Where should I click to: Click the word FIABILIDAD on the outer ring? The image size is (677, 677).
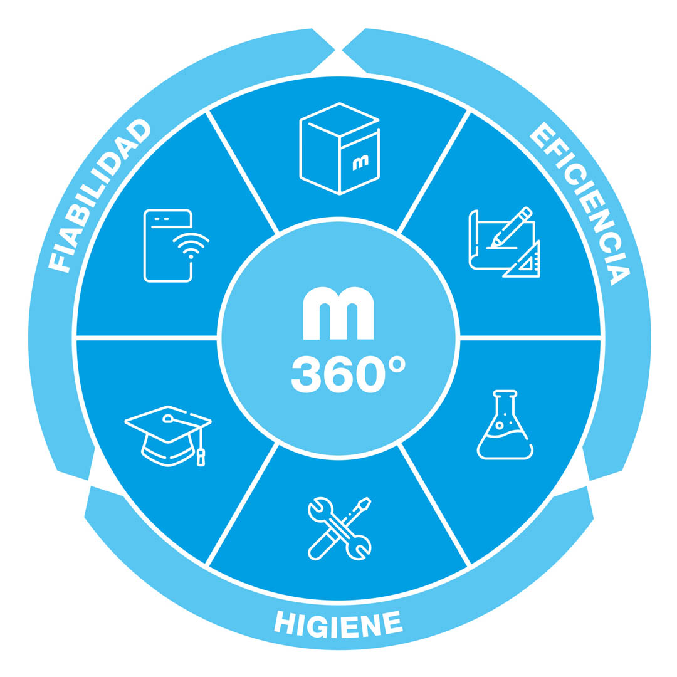pyautogui.click(x=97, y=194)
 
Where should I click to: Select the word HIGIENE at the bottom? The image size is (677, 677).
pyautogui.click(x=338, y=624)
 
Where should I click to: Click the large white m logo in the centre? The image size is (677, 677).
pyautogui.click(x=338, y=313)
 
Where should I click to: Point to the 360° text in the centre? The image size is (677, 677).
pyautogui.click(x=348, y=374)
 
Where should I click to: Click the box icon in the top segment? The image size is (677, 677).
pyautogui.click(x=339, y=149)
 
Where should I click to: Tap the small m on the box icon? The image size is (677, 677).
pyautogui.click(x=360, y=163)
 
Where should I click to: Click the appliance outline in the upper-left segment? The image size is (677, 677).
pyautogui.click(x=167, y=245)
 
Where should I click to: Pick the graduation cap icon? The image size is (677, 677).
pyautogui.click(x=168, y=436)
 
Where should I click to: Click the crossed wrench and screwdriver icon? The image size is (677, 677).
pyautogui.click(x=339, y=529)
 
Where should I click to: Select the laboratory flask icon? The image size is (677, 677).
pyautogui.click(x=505, y=425)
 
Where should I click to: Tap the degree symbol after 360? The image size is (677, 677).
pyautogui.click(x=397, y=365)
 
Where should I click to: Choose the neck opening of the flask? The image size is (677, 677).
pyautogui.click(x=505, y=393)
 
